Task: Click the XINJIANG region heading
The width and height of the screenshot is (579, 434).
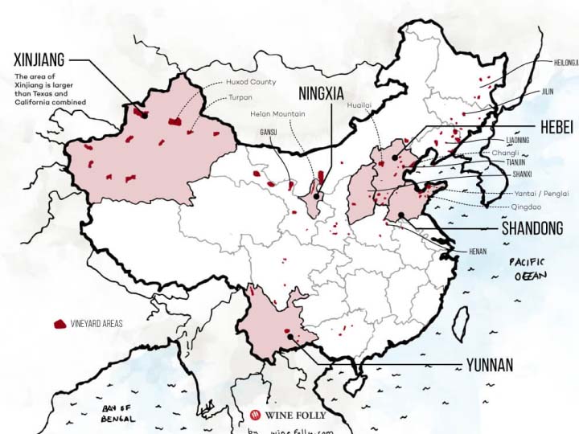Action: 39,59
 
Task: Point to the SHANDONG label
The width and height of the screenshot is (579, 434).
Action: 532,229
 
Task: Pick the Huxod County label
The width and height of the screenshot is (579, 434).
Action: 251,82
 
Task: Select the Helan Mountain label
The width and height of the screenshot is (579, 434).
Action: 277,114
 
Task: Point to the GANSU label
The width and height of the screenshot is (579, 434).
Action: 268,132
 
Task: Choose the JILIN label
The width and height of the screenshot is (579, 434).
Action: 547,92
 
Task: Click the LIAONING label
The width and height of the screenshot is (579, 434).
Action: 518,141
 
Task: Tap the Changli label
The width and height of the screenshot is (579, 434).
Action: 506,152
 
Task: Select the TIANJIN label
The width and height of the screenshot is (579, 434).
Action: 517,162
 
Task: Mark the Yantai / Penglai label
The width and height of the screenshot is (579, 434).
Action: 540,194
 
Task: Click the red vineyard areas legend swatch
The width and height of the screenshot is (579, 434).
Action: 59,324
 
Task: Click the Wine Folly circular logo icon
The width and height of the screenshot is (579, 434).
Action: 256,416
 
